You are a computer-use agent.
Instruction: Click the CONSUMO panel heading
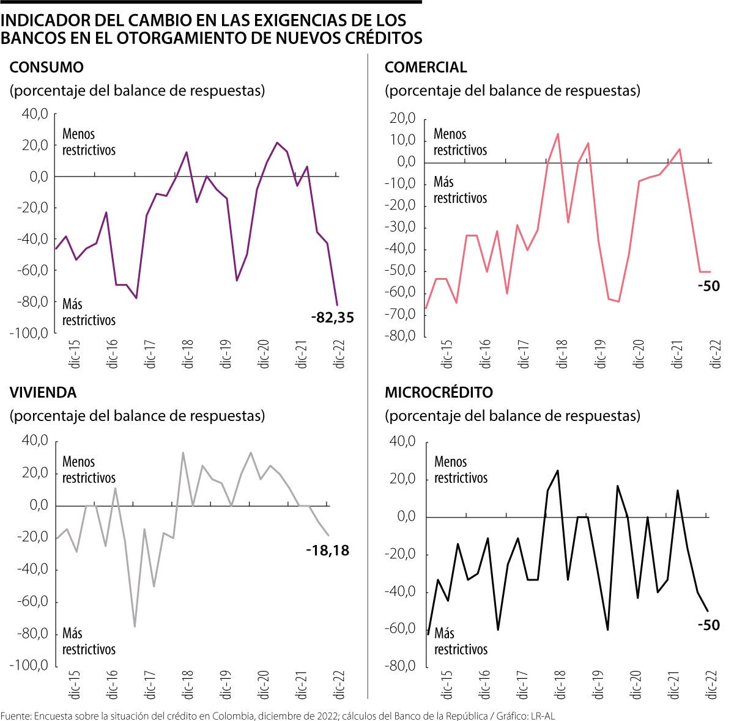tap(46, 67)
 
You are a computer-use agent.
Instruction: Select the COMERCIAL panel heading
tap(426, 67)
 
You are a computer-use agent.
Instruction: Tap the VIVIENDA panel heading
tap(43, 392)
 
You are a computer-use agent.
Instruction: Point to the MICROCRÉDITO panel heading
tap(439, 392)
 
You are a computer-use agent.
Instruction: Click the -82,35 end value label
tap(332, 318)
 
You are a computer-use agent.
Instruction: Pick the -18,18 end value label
tap(327, 551)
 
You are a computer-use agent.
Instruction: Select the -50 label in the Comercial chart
tap(709, 286)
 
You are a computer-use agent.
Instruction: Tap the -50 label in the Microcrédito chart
tap(709, 625)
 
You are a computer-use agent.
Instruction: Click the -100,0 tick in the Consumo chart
tap(29, 334)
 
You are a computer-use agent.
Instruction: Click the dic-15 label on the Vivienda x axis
tap(74, 684)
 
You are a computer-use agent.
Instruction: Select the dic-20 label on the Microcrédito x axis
tap(636, 684)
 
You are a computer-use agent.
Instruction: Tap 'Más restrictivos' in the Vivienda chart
tap(89, 641)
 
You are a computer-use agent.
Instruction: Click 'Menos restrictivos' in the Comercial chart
tap(460, 142)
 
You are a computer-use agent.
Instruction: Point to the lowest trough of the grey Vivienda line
tap(135, 626)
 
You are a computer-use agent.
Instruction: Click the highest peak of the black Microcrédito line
tap(557, 470)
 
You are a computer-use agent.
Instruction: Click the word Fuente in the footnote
tap(15, 716)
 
